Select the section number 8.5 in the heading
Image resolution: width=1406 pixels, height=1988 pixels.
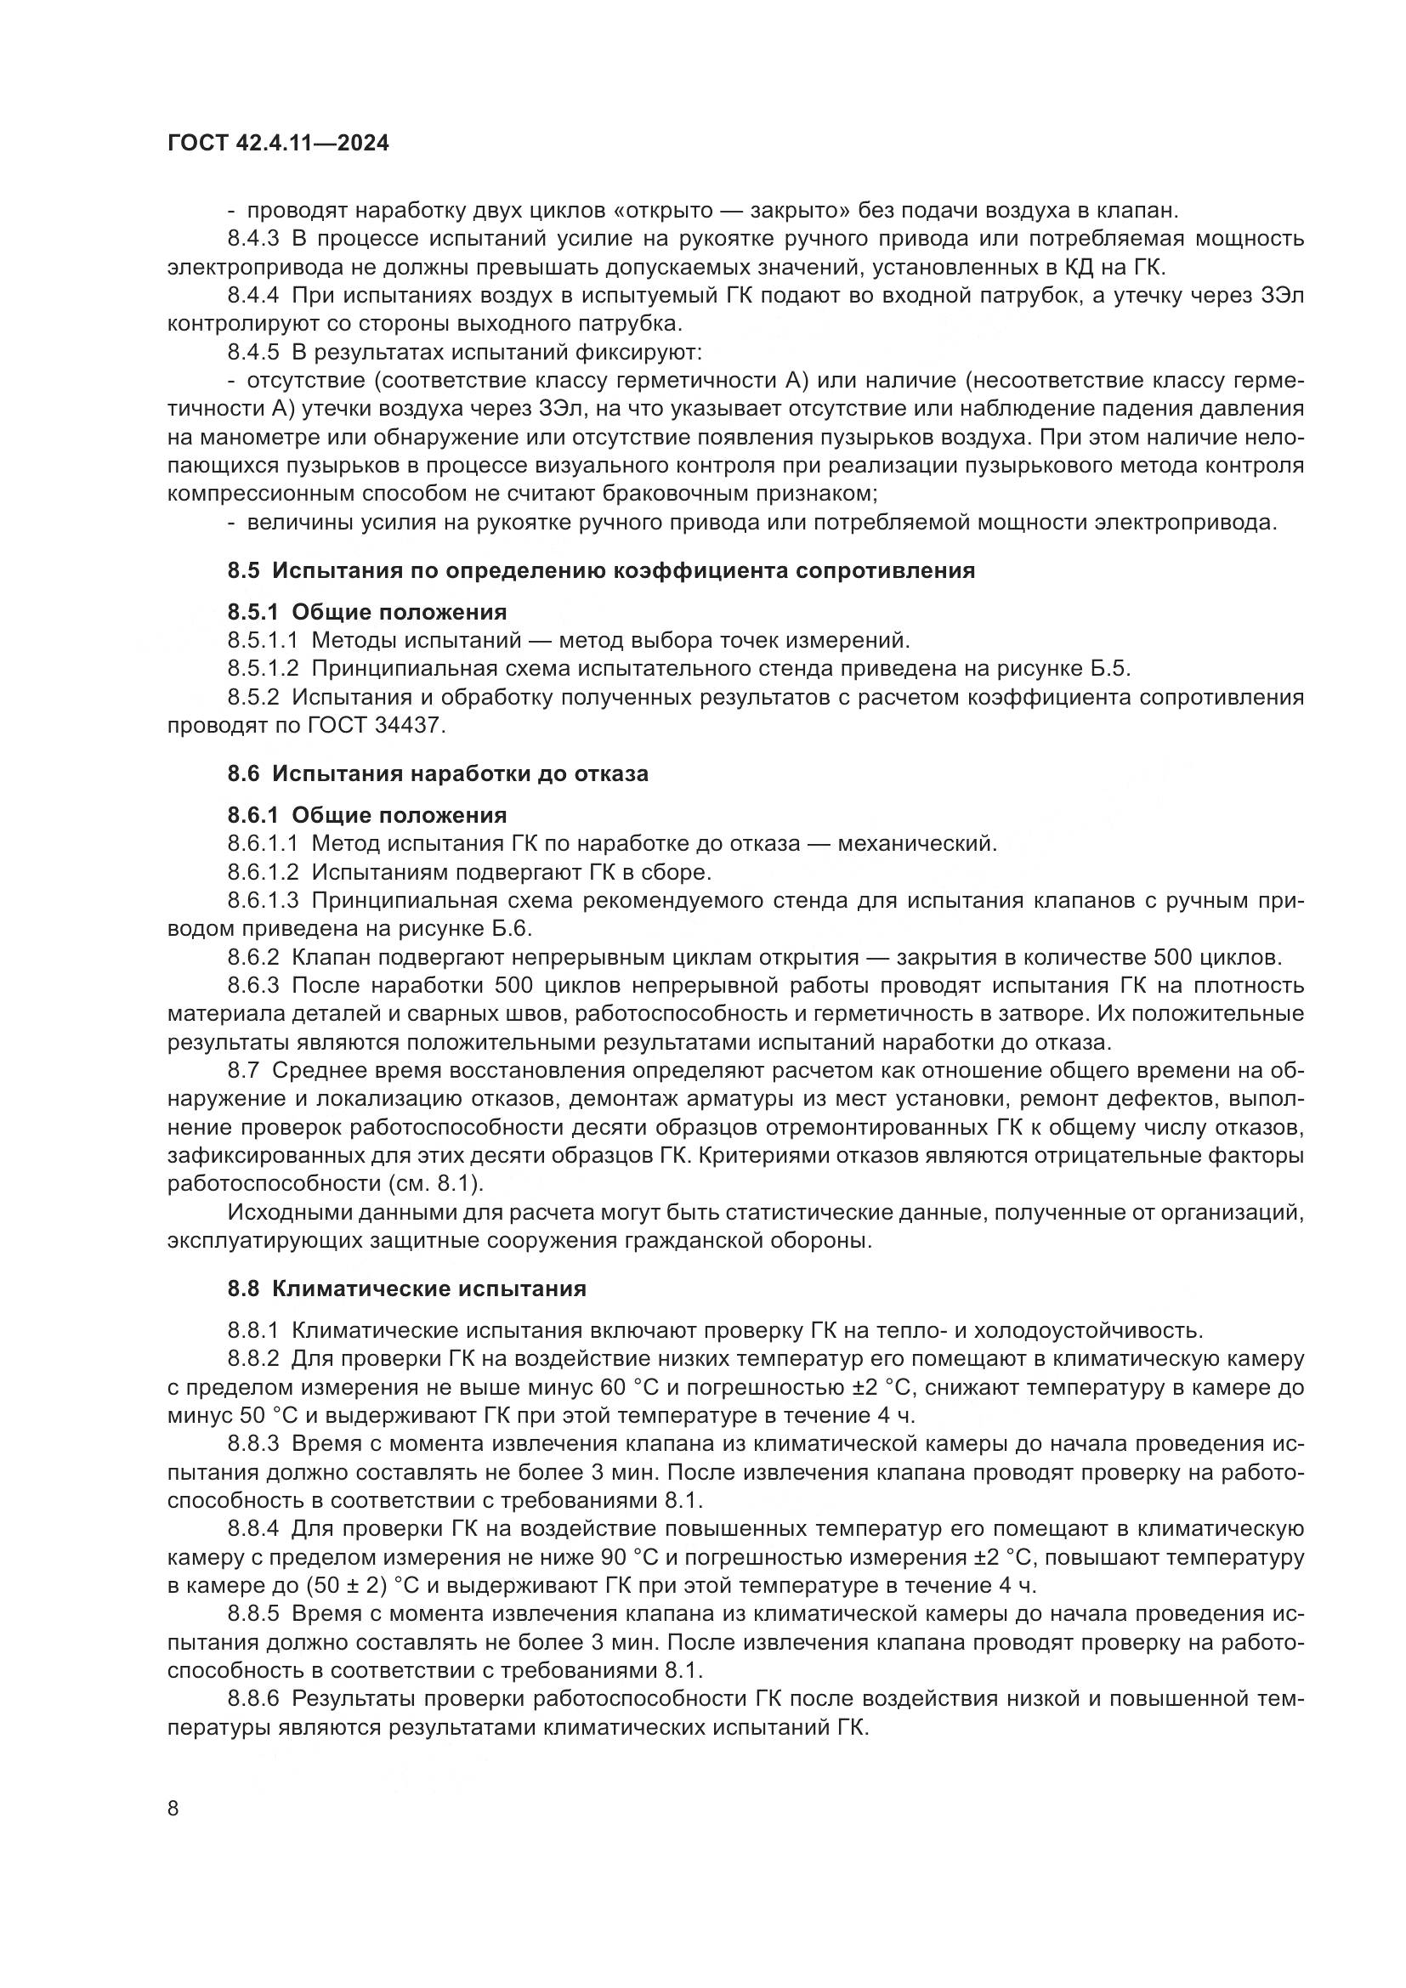point(243,570)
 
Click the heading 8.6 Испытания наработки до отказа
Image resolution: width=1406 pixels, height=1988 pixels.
point(437,773)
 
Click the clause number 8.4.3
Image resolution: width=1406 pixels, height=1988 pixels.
point(252,239)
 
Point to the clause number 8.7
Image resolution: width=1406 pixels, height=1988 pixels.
point(243,1070)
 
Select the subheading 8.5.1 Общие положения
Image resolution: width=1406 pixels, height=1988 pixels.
point(367,612)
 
